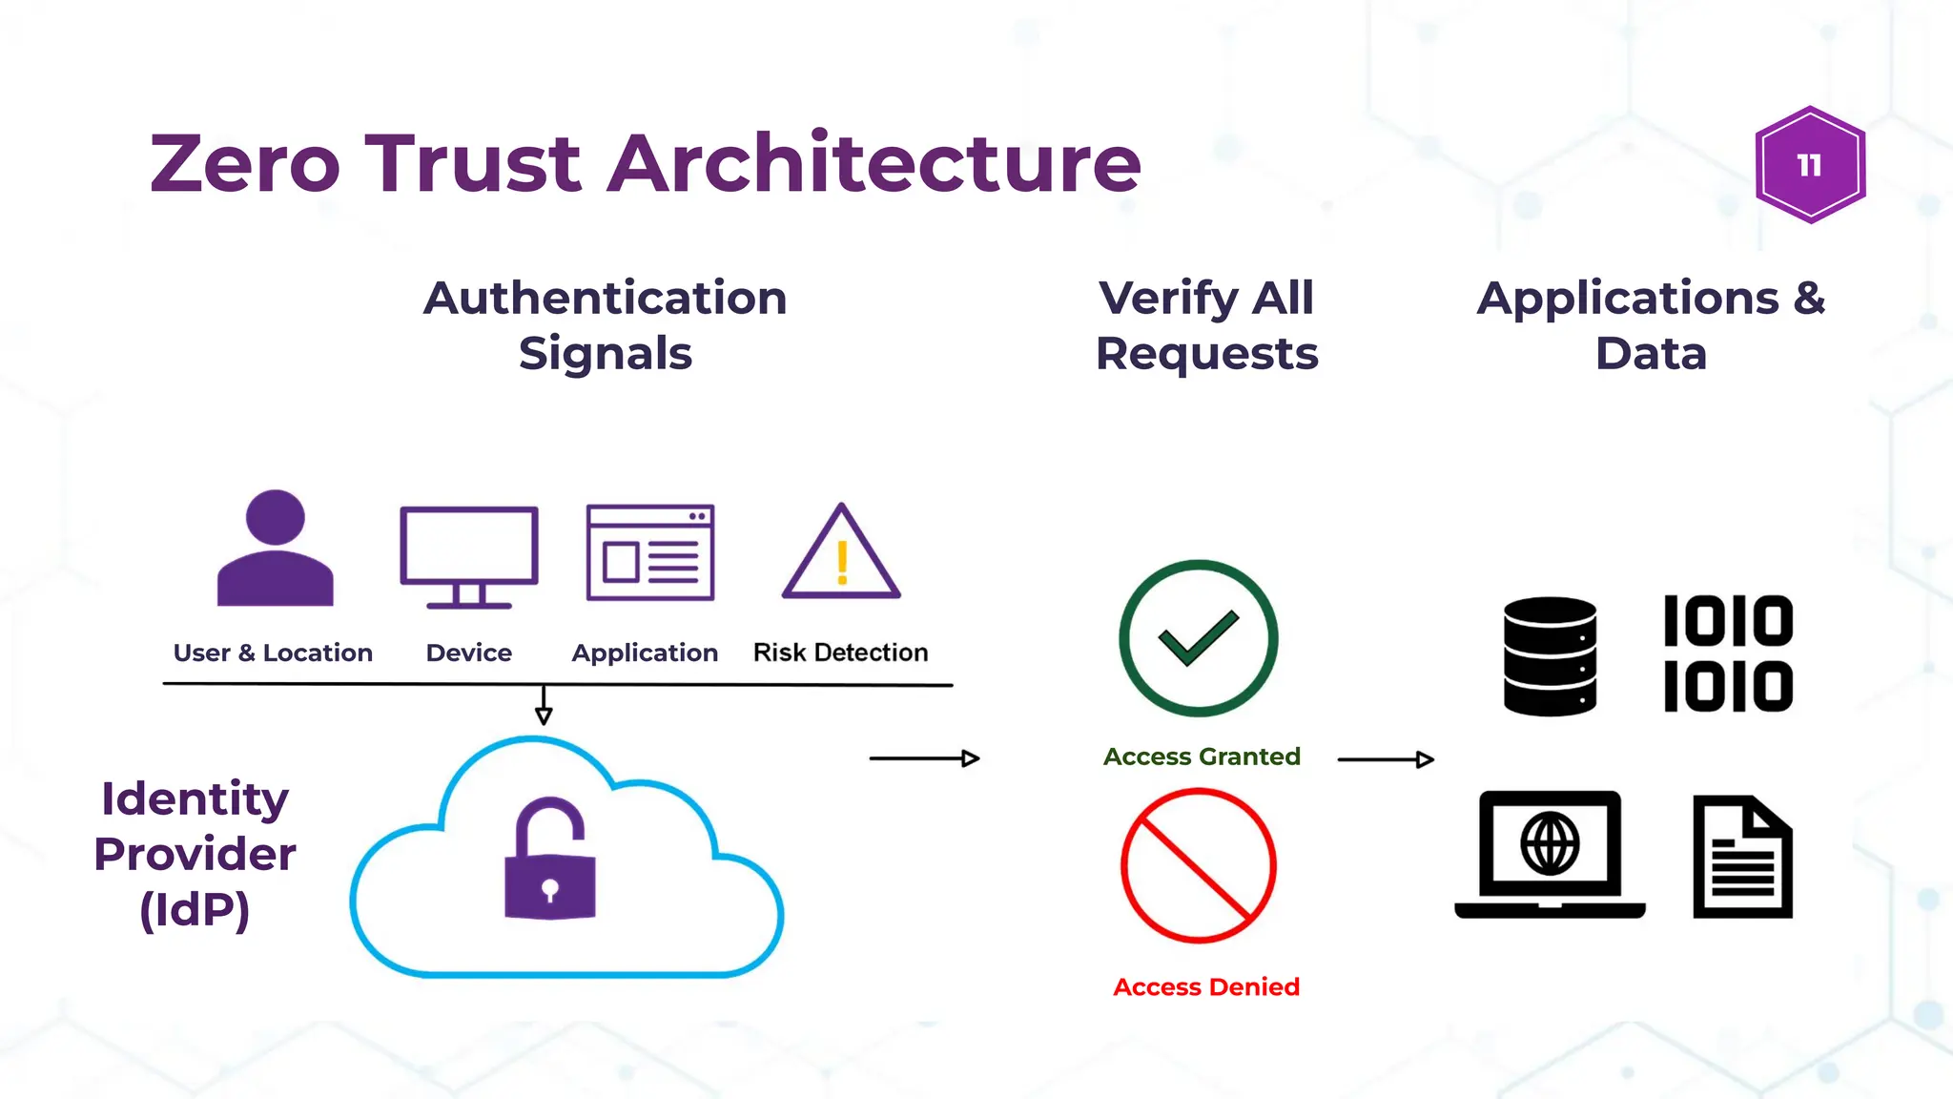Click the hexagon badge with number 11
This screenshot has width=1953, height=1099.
[x=1810, y=165]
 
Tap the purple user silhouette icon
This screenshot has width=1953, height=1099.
[x=275, y=550]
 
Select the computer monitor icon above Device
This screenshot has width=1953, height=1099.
[x=469, y=555]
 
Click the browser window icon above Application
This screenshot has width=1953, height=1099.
[x=650, y=553]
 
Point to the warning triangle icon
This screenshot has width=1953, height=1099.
[x=841, y=555]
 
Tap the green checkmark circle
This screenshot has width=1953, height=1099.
[x=1199, y=638]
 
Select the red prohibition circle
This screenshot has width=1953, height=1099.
[x=1199, y=865]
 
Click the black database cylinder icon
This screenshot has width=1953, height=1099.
[x=1550, y=656]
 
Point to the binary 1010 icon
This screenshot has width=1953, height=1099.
[x=1728, y=653]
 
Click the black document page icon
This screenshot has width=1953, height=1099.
[x=1742, y=857]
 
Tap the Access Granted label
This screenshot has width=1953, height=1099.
[x=1202, y=757]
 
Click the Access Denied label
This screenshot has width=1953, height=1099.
[x=1206, y=986]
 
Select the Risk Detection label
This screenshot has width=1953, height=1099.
[x=840, y=653]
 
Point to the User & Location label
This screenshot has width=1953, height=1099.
[x=273, y=653]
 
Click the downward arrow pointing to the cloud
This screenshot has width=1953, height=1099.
[x=544, y=707]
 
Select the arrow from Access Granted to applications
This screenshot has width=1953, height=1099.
[x=1386, y=759]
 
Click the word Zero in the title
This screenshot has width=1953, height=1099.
[x=245, y=163]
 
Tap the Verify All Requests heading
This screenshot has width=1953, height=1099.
[x=1206, y=325]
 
